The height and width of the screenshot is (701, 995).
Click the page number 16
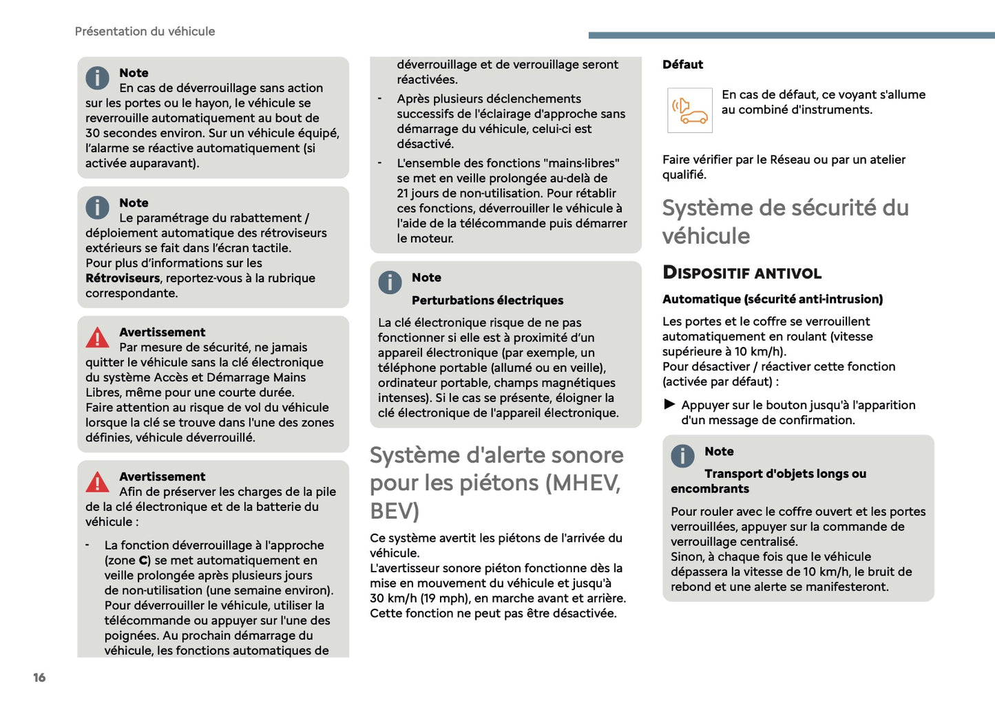(39, 678)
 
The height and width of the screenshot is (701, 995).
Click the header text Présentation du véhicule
(145, 31)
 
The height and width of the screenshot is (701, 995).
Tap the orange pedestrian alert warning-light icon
(689, 110)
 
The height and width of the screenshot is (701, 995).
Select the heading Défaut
(682, 65)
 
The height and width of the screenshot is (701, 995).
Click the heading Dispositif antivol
(742, 273)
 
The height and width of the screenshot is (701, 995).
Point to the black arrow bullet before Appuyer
(669, 404)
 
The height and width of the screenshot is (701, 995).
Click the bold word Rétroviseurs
(123, 278)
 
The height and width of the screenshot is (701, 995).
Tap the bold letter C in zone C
(143, 561)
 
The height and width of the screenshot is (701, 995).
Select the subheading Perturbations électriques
(487, 300)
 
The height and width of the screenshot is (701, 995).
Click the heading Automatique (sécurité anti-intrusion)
(772, 299)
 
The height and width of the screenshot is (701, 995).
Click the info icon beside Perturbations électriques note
(390, 282)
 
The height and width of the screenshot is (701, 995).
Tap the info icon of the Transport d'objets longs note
(682, 456)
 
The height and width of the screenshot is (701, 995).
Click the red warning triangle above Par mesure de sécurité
(98, 337)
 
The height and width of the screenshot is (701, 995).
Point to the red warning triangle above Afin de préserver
(98, 482)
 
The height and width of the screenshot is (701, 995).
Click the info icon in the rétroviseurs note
(98, 207)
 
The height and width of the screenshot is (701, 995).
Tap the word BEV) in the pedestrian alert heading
(395, 512)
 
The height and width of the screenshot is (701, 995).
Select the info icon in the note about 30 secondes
(98, 77)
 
